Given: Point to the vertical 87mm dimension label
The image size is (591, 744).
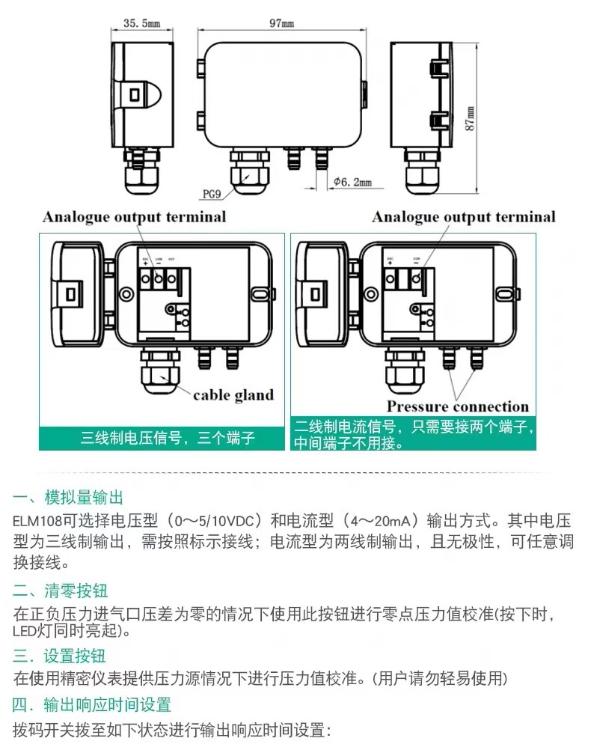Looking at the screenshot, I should point(470,117).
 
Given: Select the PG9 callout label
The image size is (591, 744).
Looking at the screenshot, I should point(212,195).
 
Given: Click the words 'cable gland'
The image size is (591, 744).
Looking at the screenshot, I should point(233,394).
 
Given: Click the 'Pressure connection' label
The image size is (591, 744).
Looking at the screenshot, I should point(457,406).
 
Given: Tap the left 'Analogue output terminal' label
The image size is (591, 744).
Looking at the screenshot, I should point(134,217).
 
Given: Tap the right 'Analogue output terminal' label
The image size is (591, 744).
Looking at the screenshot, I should point(464,217).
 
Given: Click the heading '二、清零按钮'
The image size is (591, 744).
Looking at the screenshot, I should point(60,590).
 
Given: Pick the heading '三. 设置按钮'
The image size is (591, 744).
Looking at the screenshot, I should point(60,656).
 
